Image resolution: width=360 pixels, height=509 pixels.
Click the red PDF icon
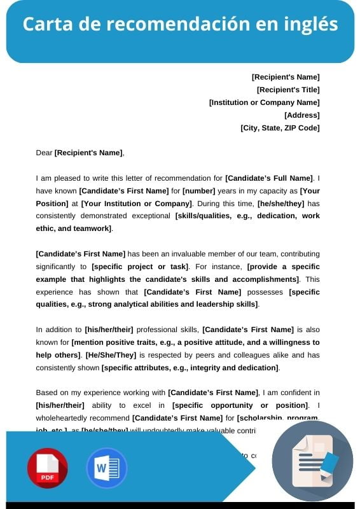47,468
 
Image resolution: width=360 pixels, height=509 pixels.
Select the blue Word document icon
106,468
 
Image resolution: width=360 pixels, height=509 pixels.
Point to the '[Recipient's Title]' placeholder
288,90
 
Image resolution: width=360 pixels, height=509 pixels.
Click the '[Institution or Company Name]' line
264,102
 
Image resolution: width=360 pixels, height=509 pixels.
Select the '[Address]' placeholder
301,115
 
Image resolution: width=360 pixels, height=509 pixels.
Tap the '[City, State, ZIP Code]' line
280,128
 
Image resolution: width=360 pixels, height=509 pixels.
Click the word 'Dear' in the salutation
44,153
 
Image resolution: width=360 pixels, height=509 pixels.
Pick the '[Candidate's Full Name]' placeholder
269,178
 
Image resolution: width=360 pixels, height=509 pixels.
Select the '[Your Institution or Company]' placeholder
136,204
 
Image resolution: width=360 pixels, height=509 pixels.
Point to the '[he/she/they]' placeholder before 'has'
280,204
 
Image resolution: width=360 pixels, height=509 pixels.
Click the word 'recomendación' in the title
173,24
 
